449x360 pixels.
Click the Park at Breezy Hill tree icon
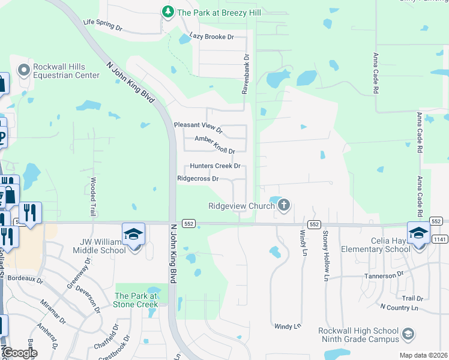169,11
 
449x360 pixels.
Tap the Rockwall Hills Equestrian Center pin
24,71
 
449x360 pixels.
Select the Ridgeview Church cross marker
284,206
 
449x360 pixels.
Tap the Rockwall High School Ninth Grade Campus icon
408,334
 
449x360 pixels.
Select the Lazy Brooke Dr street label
211,37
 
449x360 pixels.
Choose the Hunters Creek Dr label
215,166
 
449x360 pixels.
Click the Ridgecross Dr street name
197,178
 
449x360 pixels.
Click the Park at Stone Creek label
136,300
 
